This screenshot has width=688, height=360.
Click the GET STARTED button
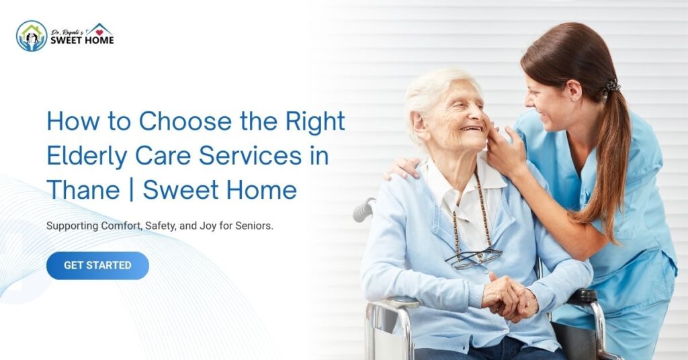coord(97,265)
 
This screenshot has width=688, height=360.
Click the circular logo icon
coord(32,36)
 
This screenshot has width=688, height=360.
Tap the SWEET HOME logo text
coord(82,40)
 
